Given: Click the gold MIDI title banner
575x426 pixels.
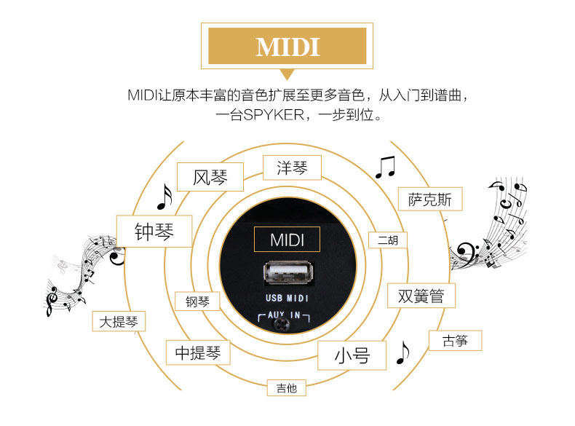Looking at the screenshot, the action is click(x=287, y=47).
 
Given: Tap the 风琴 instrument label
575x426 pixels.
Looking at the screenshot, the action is click(x=210, y=176).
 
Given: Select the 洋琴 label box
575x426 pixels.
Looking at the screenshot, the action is click(x=292, y=167).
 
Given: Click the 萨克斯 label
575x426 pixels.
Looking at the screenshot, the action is click(x=429, y=200).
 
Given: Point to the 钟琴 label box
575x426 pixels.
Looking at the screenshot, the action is click(x=154, y=232).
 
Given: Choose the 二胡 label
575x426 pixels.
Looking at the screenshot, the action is click(x=387, y=240).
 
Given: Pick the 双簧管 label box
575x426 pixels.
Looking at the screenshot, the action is click(x=421, y=296).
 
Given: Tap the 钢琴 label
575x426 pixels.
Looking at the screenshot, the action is click(x=197, y=301).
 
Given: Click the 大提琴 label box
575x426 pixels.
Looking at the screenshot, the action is click(x=119, y=321).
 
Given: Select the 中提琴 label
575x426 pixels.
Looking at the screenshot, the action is click(x=197, y=353).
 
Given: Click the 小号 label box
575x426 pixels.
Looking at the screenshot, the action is click(x=352, y=355).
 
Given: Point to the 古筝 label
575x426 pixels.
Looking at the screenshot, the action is click(x=455, y=340).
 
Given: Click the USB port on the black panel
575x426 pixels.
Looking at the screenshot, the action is click(x=287, y=277).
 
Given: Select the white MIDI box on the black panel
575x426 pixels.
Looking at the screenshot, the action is click(x=287, y=240).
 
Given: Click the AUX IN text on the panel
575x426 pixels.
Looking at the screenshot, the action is click(x=285, y=317).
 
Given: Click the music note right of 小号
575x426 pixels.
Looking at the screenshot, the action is click(x=402, y=352).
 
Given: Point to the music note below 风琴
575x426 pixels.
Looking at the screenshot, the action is click(x=165, y=197).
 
